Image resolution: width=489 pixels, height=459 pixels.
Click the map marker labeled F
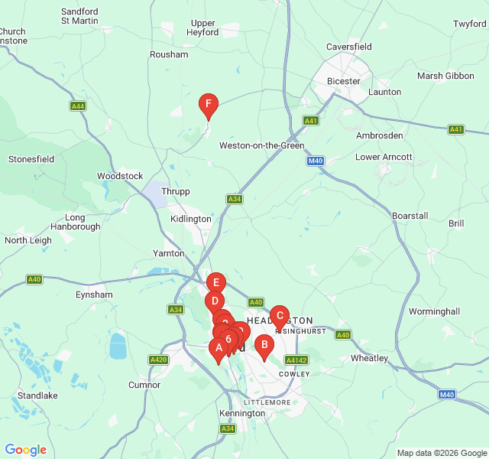click(x=208, y=106)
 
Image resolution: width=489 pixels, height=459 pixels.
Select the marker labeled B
click(x=264, y=346)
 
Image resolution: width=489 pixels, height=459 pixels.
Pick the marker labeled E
click(x=216, y=283)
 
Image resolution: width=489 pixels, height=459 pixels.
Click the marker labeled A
click(x=218, y=349)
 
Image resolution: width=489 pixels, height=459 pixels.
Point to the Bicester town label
click(x=343, y=80)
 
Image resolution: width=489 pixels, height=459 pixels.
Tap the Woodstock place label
click(x=120, y=176)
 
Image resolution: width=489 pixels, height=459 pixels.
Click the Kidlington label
click(x=190, y=219)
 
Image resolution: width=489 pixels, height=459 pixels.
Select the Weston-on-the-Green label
click(x=261, y=145)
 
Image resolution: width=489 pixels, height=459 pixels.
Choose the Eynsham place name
click(x=94, y=295)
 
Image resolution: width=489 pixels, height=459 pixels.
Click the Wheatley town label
click(x=369, y=358)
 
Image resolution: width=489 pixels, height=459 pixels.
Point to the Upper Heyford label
click(x=203, y=28)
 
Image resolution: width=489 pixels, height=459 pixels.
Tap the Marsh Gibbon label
click(x=446, y=76)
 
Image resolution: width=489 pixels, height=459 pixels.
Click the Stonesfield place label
click(x=31, y=159)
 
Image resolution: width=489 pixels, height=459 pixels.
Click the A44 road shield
click(x=78, y=106)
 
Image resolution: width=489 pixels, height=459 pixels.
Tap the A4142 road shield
click(x=296, y=360)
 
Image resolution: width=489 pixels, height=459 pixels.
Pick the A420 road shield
click(x=158, y=360)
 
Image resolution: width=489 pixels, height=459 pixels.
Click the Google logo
click(x=25, y=450)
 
